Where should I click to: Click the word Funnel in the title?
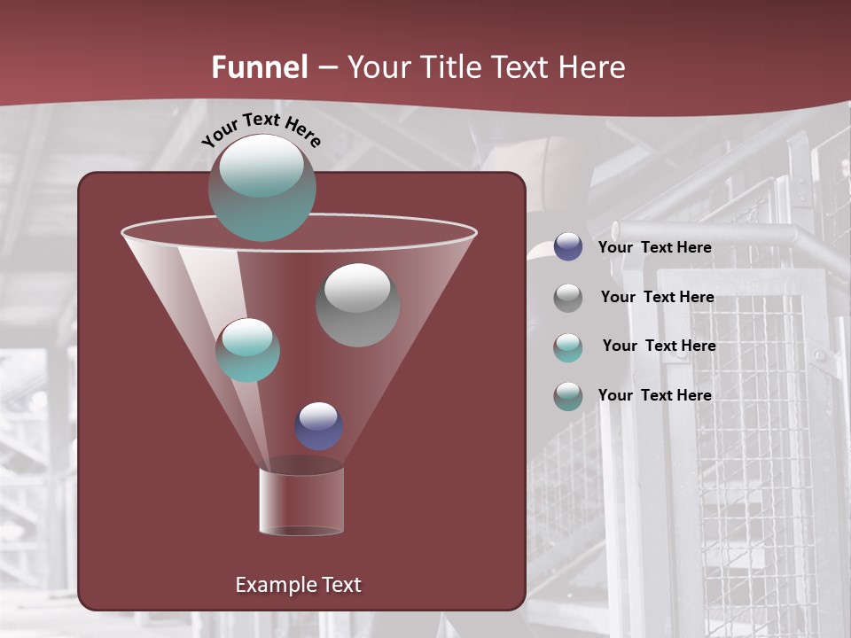(259, 67)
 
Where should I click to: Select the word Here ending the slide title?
(593, 67)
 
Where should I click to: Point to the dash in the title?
(327, 68)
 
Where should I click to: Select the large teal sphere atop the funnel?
(262, 188)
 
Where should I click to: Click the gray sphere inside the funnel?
(357, 306)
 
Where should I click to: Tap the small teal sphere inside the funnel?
(247, 350)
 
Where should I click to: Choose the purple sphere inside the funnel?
(318, 426)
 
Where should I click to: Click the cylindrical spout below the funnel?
(301, 501)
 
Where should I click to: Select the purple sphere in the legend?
(568, 247)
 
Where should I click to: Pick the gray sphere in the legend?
(568, 298)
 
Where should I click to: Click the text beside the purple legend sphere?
(654, 247)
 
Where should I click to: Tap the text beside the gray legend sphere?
(657, 297)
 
